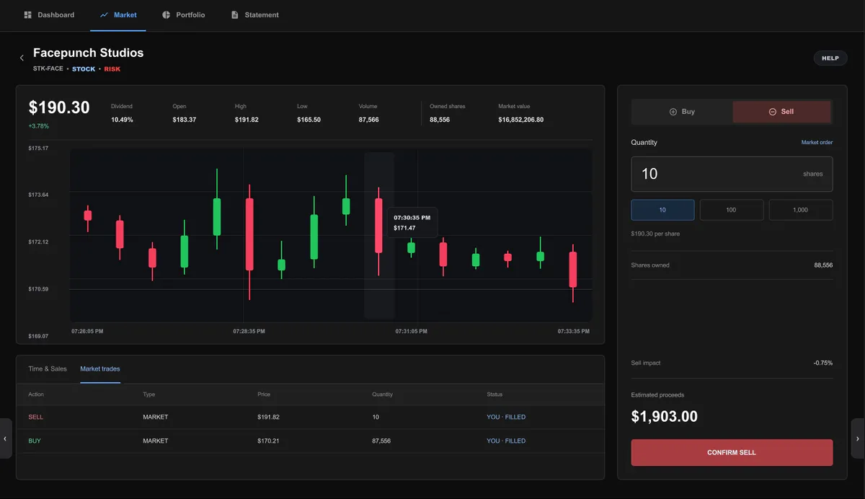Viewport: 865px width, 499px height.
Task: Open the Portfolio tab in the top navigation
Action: tap(183, 15)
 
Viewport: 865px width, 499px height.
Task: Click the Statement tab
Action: tap(255, 15)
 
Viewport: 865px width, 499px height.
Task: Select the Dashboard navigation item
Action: tap(49, 15)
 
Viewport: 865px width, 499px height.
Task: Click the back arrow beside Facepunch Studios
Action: tap(22, 58)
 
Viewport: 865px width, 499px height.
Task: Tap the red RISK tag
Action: tap(112, 69)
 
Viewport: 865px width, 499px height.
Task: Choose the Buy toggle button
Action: tap(682, 112)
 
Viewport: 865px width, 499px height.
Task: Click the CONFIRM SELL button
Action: tap(732, 452)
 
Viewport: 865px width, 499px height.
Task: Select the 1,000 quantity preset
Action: tap(801, 210)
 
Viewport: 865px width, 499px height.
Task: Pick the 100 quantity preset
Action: tap(732, 210)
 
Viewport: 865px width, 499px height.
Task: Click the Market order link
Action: tap(817, 143)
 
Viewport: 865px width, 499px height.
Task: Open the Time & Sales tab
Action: tap(48, 369)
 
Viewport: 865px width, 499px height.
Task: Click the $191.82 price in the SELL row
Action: tap(268, 417)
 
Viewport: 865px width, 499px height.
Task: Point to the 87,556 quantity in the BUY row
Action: tap(381, 441)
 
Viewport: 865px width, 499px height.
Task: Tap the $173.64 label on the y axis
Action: tap(38, 195)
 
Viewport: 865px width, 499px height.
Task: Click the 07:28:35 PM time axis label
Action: tap(249, 332)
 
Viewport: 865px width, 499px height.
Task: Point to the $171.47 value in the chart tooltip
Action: tap(404, 228)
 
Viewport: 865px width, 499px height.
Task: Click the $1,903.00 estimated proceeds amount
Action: tap(664, 416)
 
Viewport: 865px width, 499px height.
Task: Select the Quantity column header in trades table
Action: tap(382, 394)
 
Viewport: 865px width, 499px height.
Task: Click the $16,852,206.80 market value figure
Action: tap(520, 120)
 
